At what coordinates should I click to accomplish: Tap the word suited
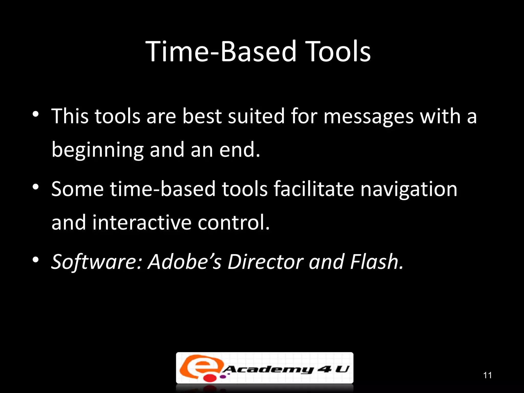256,116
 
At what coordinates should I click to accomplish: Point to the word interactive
142,223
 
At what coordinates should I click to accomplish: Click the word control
233,223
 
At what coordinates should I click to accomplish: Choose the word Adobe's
184,262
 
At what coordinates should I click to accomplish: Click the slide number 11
487,375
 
